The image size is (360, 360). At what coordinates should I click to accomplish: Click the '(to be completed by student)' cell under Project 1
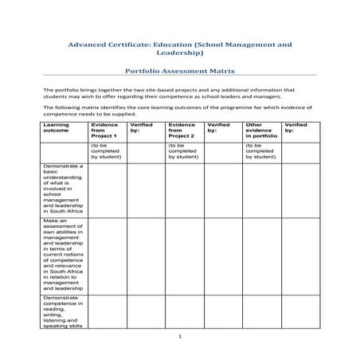106,152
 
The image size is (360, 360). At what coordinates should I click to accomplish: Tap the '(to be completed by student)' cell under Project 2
182,152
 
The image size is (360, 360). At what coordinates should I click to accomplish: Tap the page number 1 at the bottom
180,338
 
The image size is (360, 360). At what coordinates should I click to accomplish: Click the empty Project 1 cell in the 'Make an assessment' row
107,254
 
